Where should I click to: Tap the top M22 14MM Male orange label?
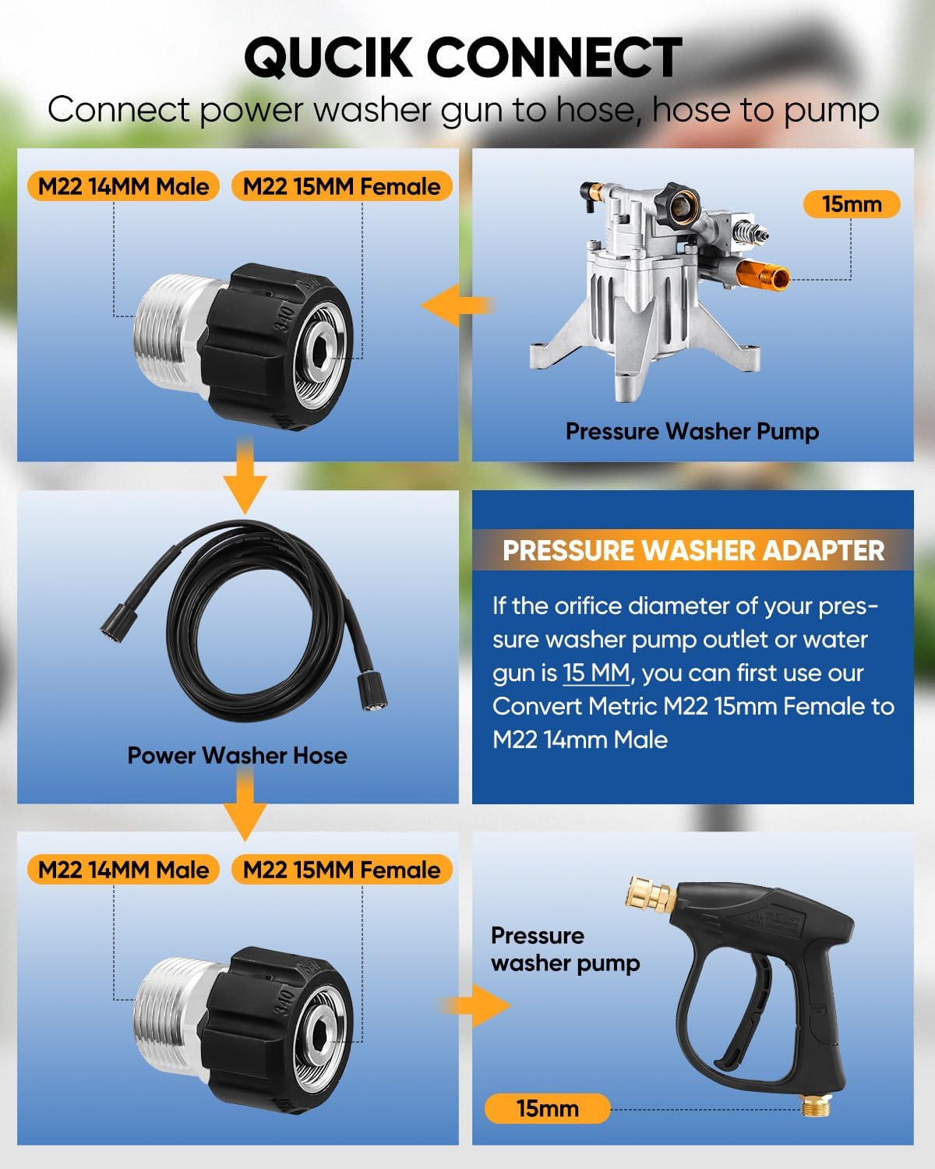(x=123, y=186)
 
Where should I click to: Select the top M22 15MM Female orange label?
(x=341, y=186)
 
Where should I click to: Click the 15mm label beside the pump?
(x=851, y=204)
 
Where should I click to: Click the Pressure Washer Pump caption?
(x=692, y=431)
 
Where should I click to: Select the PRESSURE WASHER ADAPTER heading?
(x=693, y=550)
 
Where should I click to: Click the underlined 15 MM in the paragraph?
(x=596, y=673)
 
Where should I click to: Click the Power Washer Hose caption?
(x=237, y=755)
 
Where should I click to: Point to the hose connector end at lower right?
(x=372, y=691)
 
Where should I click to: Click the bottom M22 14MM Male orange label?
(x=123, y=870)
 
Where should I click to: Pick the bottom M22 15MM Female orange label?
(x=341, y=870)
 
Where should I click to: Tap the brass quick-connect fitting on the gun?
(x=651, y=894)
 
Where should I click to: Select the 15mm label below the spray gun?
(x=547, y=1108)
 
